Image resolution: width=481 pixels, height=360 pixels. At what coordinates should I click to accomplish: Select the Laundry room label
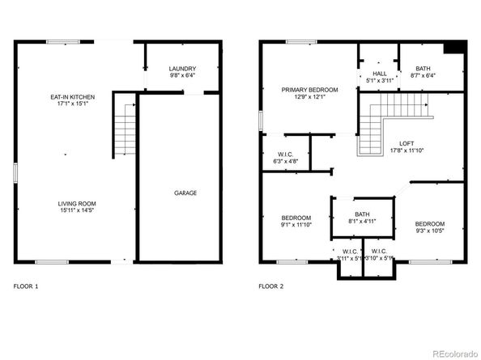pos(182,69)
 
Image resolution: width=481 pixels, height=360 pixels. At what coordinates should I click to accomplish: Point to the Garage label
pos(185,193)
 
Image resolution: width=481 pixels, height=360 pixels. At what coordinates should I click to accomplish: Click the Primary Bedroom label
pos(309,90)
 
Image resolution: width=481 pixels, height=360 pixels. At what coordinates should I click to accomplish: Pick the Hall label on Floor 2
pos(379,74)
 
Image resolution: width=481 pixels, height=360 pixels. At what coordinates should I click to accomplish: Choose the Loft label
pos(407,143)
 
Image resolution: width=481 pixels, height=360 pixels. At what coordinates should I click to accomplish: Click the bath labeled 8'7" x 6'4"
pos(424,69)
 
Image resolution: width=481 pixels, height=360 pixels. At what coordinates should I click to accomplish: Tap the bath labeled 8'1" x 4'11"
pos(360,214)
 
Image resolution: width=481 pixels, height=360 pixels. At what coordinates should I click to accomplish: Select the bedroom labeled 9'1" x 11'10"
pos(296,218)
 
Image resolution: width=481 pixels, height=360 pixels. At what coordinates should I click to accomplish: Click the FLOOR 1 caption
pos(26,286)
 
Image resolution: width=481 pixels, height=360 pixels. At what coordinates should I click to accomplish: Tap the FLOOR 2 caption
pos(270,286)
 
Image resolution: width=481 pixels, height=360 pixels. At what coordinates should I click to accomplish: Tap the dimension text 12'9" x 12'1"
pos(309,97)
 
